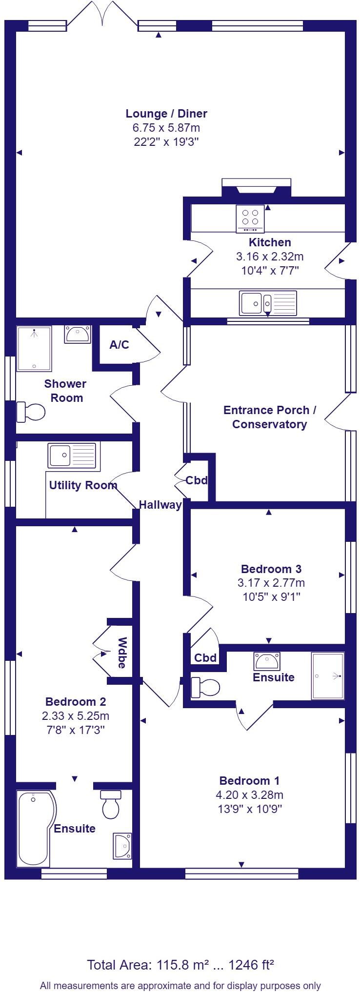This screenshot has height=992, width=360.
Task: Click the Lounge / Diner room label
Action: [166, 114]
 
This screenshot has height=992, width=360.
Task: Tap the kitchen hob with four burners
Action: [250, 219]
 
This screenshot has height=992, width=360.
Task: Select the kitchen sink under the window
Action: [268, 303]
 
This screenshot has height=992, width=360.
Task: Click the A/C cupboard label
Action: [120, 345]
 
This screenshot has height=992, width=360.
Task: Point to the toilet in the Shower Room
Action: [30, 411]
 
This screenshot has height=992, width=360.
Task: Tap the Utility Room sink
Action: [72, 456]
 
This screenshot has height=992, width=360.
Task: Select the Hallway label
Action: [160, 505]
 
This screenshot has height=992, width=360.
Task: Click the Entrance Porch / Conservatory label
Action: [270, 417]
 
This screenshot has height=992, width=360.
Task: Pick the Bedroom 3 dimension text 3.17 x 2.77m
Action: [271, 582]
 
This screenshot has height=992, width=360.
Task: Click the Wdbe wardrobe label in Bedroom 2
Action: [122, 653]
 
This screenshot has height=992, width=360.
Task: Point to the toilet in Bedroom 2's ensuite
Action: [111, 804]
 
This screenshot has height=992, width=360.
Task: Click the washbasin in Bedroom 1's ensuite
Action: [266, 661]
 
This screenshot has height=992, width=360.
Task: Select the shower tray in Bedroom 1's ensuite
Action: [328, 676]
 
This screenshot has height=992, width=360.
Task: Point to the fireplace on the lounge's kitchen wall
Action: [257, 188]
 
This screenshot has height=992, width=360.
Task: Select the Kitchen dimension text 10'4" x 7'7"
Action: [270, 270]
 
